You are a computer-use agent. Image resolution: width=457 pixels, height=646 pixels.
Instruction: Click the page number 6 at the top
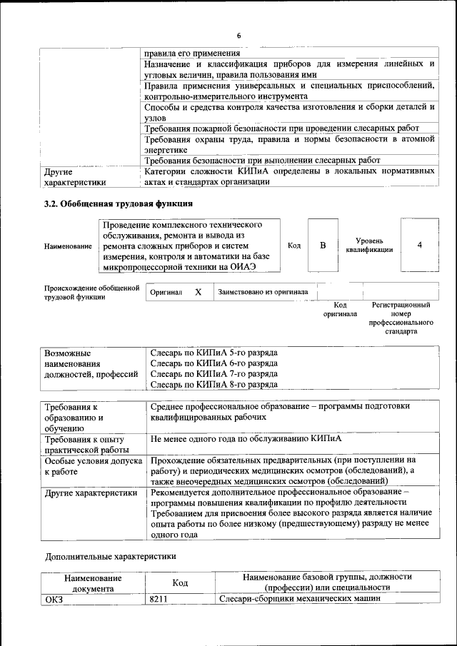239,36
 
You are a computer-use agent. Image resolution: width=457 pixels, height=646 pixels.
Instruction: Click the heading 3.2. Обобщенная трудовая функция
119,203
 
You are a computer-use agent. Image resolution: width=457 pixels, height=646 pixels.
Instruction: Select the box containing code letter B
323,246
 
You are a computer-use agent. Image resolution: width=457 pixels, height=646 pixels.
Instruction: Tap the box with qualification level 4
419,246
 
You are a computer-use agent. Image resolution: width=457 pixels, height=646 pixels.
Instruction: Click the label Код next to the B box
293,246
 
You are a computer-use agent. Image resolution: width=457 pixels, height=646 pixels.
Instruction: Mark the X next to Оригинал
199,292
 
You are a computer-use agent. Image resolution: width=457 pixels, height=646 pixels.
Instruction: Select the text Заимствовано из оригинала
263,292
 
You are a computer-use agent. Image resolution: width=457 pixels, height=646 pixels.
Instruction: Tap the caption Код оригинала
340,309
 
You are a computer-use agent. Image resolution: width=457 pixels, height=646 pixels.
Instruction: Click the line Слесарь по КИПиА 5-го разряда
214,353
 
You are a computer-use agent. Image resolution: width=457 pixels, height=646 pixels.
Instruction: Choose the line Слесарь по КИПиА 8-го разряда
214,385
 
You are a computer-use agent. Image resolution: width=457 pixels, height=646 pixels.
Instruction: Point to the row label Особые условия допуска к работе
89,466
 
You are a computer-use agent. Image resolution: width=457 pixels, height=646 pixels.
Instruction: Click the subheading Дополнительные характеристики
110,555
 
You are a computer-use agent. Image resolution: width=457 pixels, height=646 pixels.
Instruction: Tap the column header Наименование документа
92,583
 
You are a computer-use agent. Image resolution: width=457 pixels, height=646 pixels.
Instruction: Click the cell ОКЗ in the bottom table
54,599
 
